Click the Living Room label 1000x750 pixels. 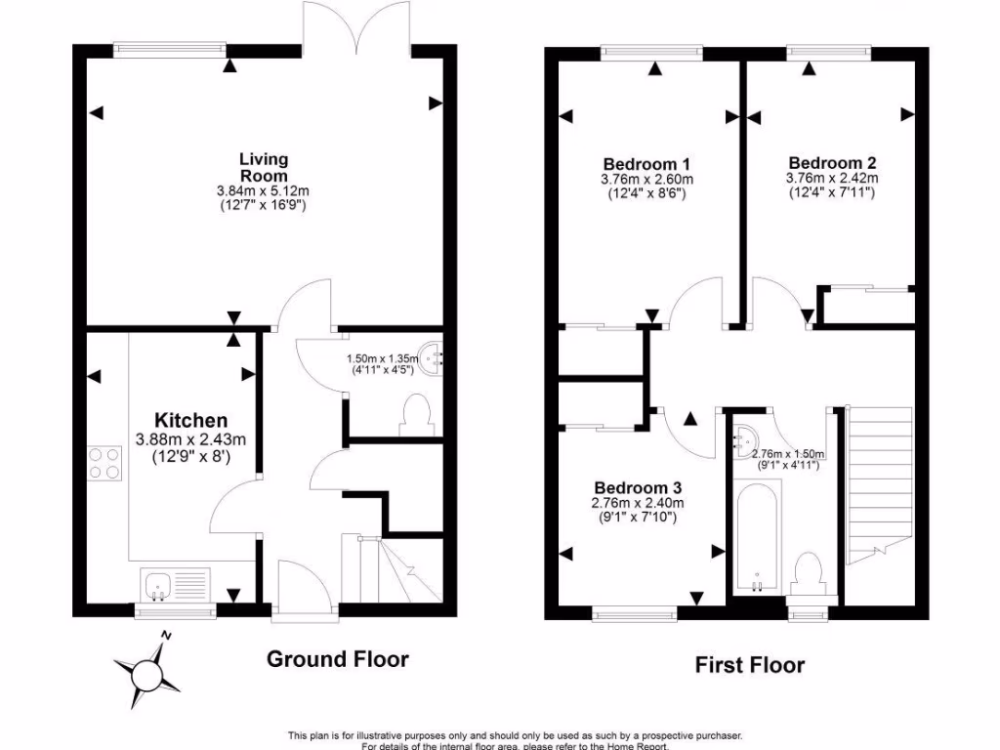tap(265, 166)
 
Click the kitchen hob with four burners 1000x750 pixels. tap(104, 461)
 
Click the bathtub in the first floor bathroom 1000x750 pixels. tap(757, 539)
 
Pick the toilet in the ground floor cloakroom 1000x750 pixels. tap(415, 414)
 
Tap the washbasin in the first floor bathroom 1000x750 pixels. tap(747, 440)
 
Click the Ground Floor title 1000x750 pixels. tap(338, 659)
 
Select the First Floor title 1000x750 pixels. tap(750, 665)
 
